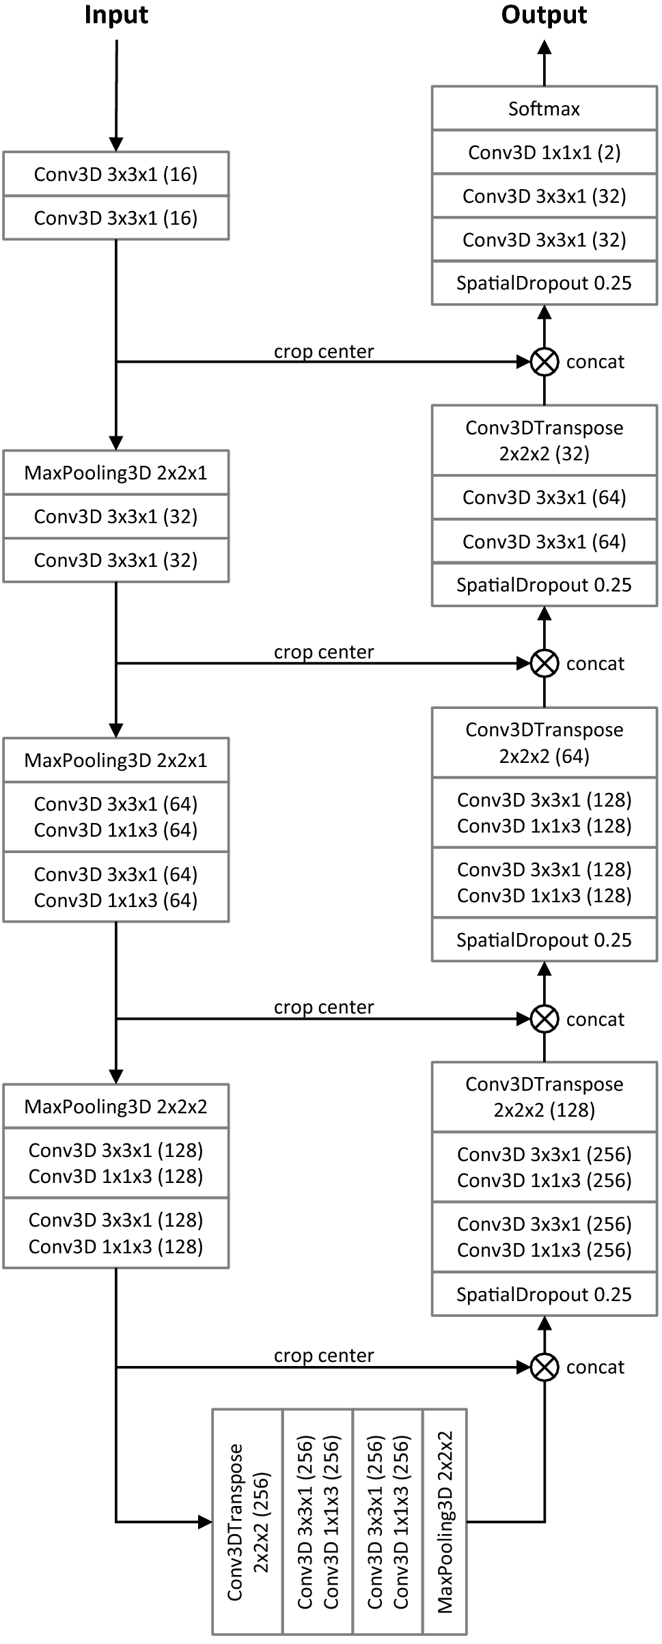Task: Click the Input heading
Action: [x=116, y=15]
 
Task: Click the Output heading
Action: [x=544, y=15]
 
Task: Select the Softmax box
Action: [x=544, y=109]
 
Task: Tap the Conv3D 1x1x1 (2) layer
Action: [x=544, y=152]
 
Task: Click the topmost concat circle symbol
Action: [x=544, y=361]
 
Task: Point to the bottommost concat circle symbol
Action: [x=544, y=1367]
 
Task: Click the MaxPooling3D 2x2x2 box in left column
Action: [x=115, y=1106]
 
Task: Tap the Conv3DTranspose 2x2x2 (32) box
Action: [x=544, y=441]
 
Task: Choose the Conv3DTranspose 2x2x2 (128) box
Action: [x=544, y=1096]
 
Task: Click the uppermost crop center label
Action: [x=324, y=351]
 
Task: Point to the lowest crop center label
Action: [x=324, y=1355]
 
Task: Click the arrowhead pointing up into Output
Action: [x=544, y=48]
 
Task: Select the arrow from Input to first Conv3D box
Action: [x=116, y=96]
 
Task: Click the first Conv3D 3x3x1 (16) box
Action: [x=115, y=174]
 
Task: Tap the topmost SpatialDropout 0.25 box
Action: [x=544, y=283]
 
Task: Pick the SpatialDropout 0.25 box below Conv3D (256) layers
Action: [x=544, y=1294]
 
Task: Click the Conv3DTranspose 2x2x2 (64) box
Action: [x=544, y=742]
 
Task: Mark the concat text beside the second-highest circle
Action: [x=595, y=663]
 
